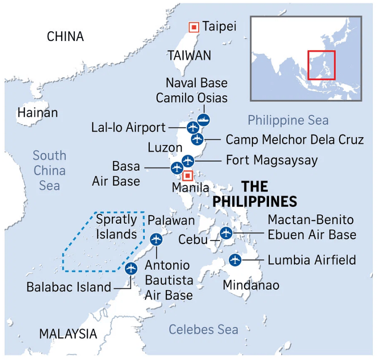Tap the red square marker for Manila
coord(188,176)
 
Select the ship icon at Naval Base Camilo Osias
coord(203,120)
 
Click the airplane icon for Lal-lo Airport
coord(193,127)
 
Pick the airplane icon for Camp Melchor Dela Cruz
coord(197,139)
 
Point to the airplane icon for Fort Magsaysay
coord(188,161)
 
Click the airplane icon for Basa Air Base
coord(177,168)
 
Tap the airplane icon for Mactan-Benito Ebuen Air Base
coord(226,233)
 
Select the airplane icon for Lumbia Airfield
coord(235,260)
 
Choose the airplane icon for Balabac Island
coord(131,268)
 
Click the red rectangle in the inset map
coord(321,65)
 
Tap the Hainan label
coord(38,113)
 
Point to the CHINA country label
coord(65,36)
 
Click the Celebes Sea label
coord(203,330)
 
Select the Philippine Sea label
coord(288,120)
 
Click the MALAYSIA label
coord(68,333)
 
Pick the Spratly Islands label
coord(116,226)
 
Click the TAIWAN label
coord(189,55)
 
